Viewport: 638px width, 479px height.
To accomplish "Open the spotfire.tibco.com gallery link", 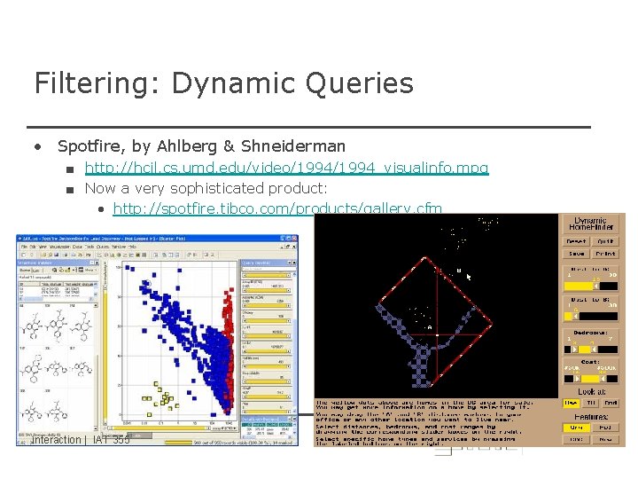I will point(277,209).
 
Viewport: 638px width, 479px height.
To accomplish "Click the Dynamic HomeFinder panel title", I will point(591,224).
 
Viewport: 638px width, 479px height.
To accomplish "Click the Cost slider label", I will point(591,362).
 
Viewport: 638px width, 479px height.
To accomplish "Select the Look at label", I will point(591,390).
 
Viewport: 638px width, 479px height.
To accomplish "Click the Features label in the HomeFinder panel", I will point(591,416).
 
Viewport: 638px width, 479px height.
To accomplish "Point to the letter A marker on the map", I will point(431,326).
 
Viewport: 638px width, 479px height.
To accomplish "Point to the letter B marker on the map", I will point(458,270).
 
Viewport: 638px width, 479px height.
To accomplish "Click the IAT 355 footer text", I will point(111,440).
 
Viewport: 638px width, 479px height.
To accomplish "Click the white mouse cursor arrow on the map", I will point(468,277).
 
